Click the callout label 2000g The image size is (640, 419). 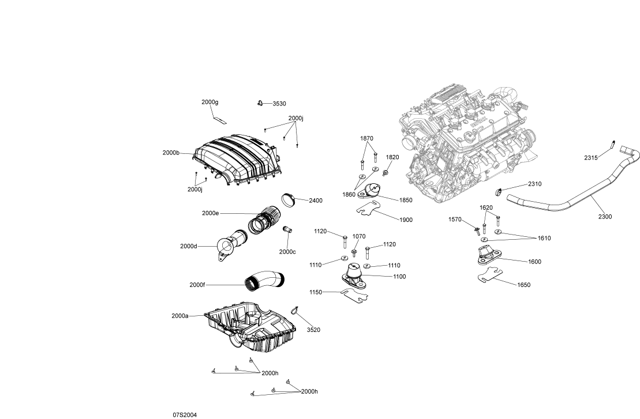[209, 102]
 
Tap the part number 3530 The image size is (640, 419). [279, 104]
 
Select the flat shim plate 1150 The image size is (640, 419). [355, 295]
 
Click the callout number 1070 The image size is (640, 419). [359, 236]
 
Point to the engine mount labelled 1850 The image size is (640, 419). [372, 191]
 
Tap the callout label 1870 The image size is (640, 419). [367, 138]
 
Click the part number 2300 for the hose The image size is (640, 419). [605, 217]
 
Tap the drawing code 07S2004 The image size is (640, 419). [184, 414]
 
